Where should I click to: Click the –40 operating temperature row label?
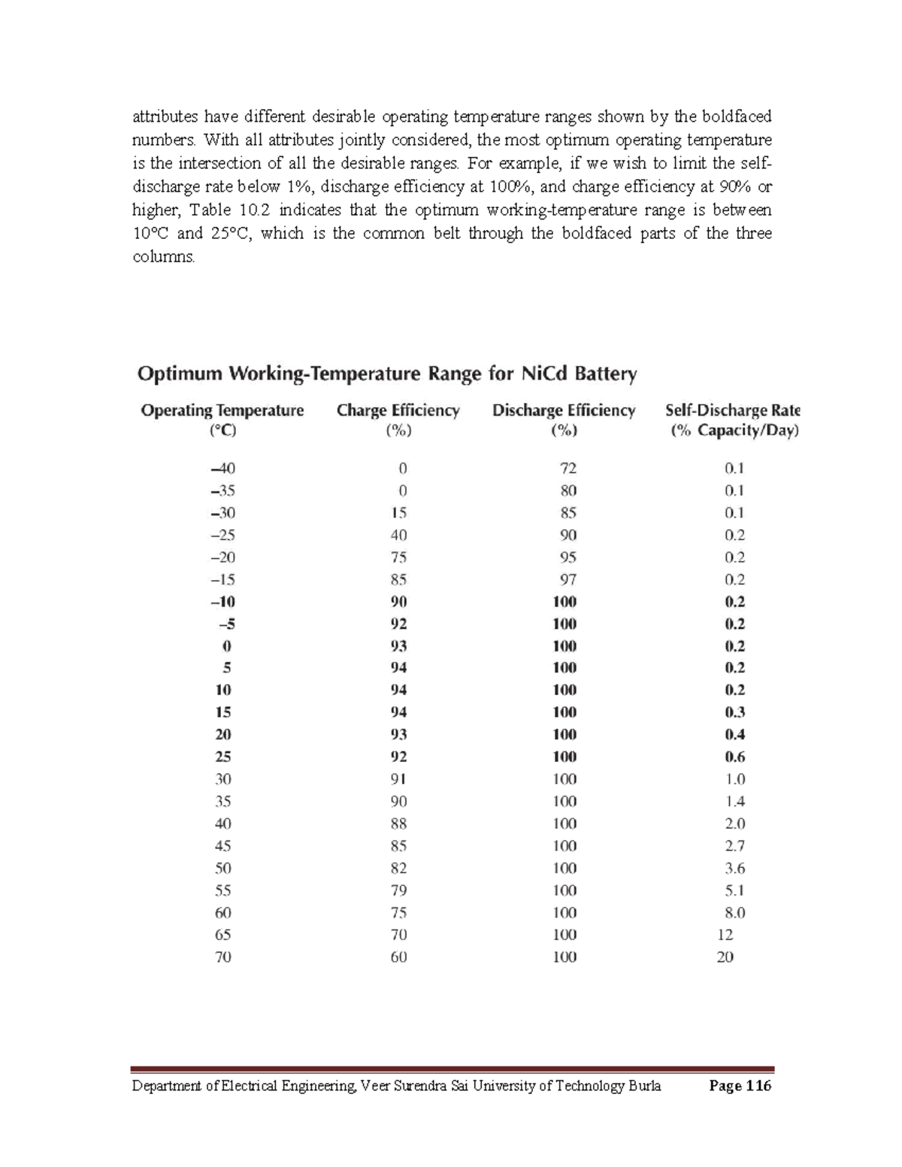(x=222, y=468)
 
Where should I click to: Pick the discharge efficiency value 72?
(x=568, y=468)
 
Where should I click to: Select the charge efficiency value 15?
(x=398, y=513)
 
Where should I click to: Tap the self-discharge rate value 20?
(x=725, y=957)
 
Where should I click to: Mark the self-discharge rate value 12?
(x=725, y=935)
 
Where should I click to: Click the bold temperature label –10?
(x=222, y=602)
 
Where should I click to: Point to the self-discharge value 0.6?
(x=734, y=757)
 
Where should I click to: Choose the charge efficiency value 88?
(x=398, y=824)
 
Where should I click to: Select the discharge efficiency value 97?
(x=568, y=579)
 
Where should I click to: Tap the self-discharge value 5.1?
(x=734, y=890)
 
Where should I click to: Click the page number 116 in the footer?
(x=758, y=1086)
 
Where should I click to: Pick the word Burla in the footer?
(x=644, y=1086)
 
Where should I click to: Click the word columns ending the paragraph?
(x=162, y=257)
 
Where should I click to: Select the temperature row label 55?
(x=222, y=890)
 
